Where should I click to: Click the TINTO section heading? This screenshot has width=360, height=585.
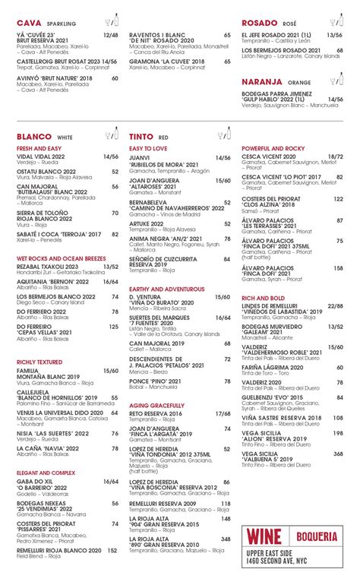[x=141, y=136]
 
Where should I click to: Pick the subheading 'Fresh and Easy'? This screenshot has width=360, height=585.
[x=39, y=148]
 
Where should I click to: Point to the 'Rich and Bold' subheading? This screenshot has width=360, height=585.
[x=263, y=298]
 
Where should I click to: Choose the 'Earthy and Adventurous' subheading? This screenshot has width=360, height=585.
[x=166, y=289]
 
